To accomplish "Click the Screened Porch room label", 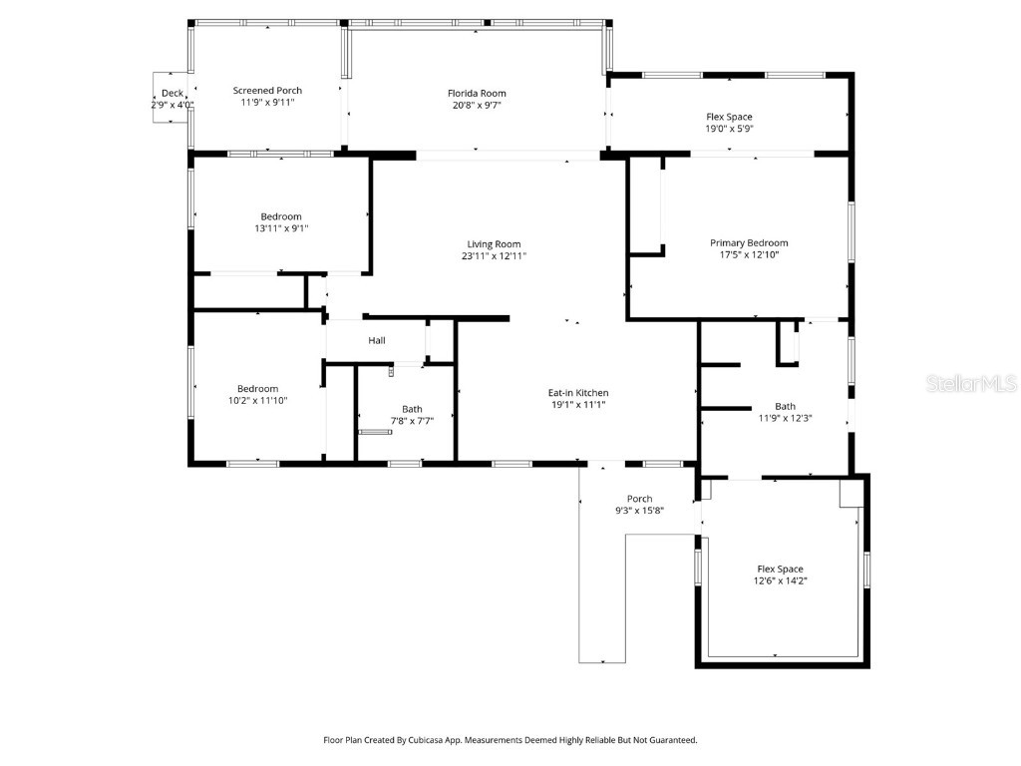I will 267,91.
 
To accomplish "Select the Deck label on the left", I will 171,93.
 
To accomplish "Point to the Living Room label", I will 494,244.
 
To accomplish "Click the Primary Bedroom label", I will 749,242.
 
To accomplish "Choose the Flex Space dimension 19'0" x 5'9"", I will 729,129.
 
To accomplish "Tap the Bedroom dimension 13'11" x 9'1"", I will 281,228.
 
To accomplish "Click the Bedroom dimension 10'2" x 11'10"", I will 257,401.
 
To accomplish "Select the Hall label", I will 377,341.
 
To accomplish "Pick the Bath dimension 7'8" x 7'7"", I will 412,421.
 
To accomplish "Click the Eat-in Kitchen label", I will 578,393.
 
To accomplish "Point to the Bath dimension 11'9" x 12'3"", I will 786,418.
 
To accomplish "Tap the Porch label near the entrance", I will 639,499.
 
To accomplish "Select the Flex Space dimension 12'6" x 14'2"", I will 780,580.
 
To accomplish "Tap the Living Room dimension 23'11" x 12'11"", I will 494,256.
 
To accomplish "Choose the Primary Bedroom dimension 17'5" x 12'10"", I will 749,254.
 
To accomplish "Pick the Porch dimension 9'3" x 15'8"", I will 639,511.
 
